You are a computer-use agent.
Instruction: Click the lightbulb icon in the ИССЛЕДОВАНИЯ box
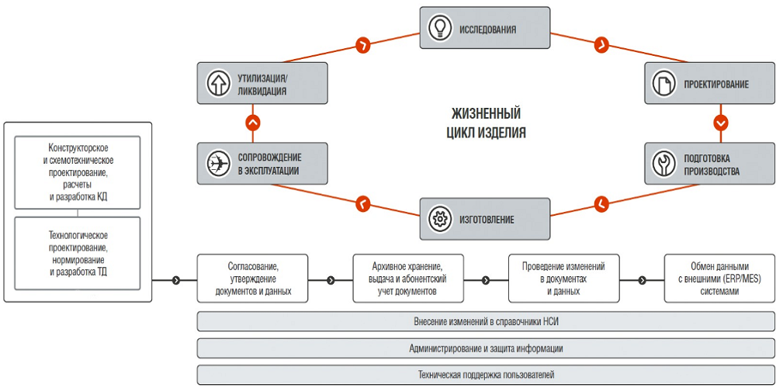[x=440, y=29]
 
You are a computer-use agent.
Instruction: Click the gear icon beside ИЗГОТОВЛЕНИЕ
[x=440, y=219]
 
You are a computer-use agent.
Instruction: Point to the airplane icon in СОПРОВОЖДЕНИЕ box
[x=217, y=164]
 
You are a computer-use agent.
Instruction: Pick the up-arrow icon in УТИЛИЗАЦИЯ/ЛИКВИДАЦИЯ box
[x=217, y=84]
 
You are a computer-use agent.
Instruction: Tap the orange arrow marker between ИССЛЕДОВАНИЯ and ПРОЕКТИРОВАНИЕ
[x=601, y=44]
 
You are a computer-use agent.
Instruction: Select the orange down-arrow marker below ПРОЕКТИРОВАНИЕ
[x=721, y=123]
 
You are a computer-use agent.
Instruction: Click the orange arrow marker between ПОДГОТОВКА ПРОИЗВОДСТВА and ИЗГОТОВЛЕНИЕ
[x=601, y=204]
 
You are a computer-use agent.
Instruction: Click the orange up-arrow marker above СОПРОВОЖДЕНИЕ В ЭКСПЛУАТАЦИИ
[x=251, y=123]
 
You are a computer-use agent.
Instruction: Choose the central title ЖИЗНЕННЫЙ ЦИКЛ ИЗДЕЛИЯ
[x=486, y=123]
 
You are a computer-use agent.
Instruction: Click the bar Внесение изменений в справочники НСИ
[x=485, y=321]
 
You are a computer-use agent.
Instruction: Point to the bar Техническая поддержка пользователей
[x=485, y=375]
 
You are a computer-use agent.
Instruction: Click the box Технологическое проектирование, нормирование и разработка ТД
[x=78, y=254]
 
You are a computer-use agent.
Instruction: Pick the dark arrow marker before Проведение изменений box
[x=487, y=280]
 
